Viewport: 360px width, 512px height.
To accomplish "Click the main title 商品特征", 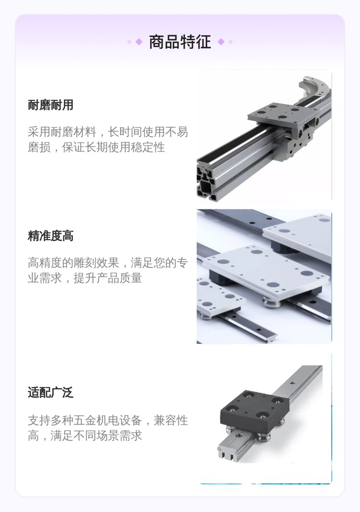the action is click(180, 42).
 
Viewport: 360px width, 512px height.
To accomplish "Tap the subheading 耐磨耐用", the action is click(50, 105).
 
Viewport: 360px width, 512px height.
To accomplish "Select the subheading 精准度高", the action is click(50, 236).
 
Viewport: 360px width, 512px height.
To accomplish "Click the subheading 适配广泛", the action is click(50, 392).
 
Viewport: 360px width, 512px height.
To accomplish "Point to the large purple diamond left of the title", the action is click(139, 42).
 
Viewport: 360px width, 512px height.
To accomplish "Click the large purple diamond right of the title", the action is click(221, 42).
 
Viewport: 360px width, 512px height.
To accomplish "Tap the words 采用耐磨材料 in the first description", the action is click(62, 132).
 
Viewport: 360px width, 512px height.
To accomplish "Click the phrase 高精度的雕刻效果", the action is click(73, 263).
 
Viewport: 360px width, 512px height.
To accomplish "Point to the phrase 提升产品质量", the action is click(108, 278).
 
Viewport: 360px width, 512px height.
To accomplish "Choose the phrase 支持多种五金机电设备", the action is click(85, 420).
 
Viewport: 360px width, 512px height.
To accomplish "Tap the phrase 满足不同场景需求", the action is click(96, 436).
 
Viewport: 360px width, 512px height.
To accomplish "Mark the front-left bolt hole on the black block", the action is click(232, 408).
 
